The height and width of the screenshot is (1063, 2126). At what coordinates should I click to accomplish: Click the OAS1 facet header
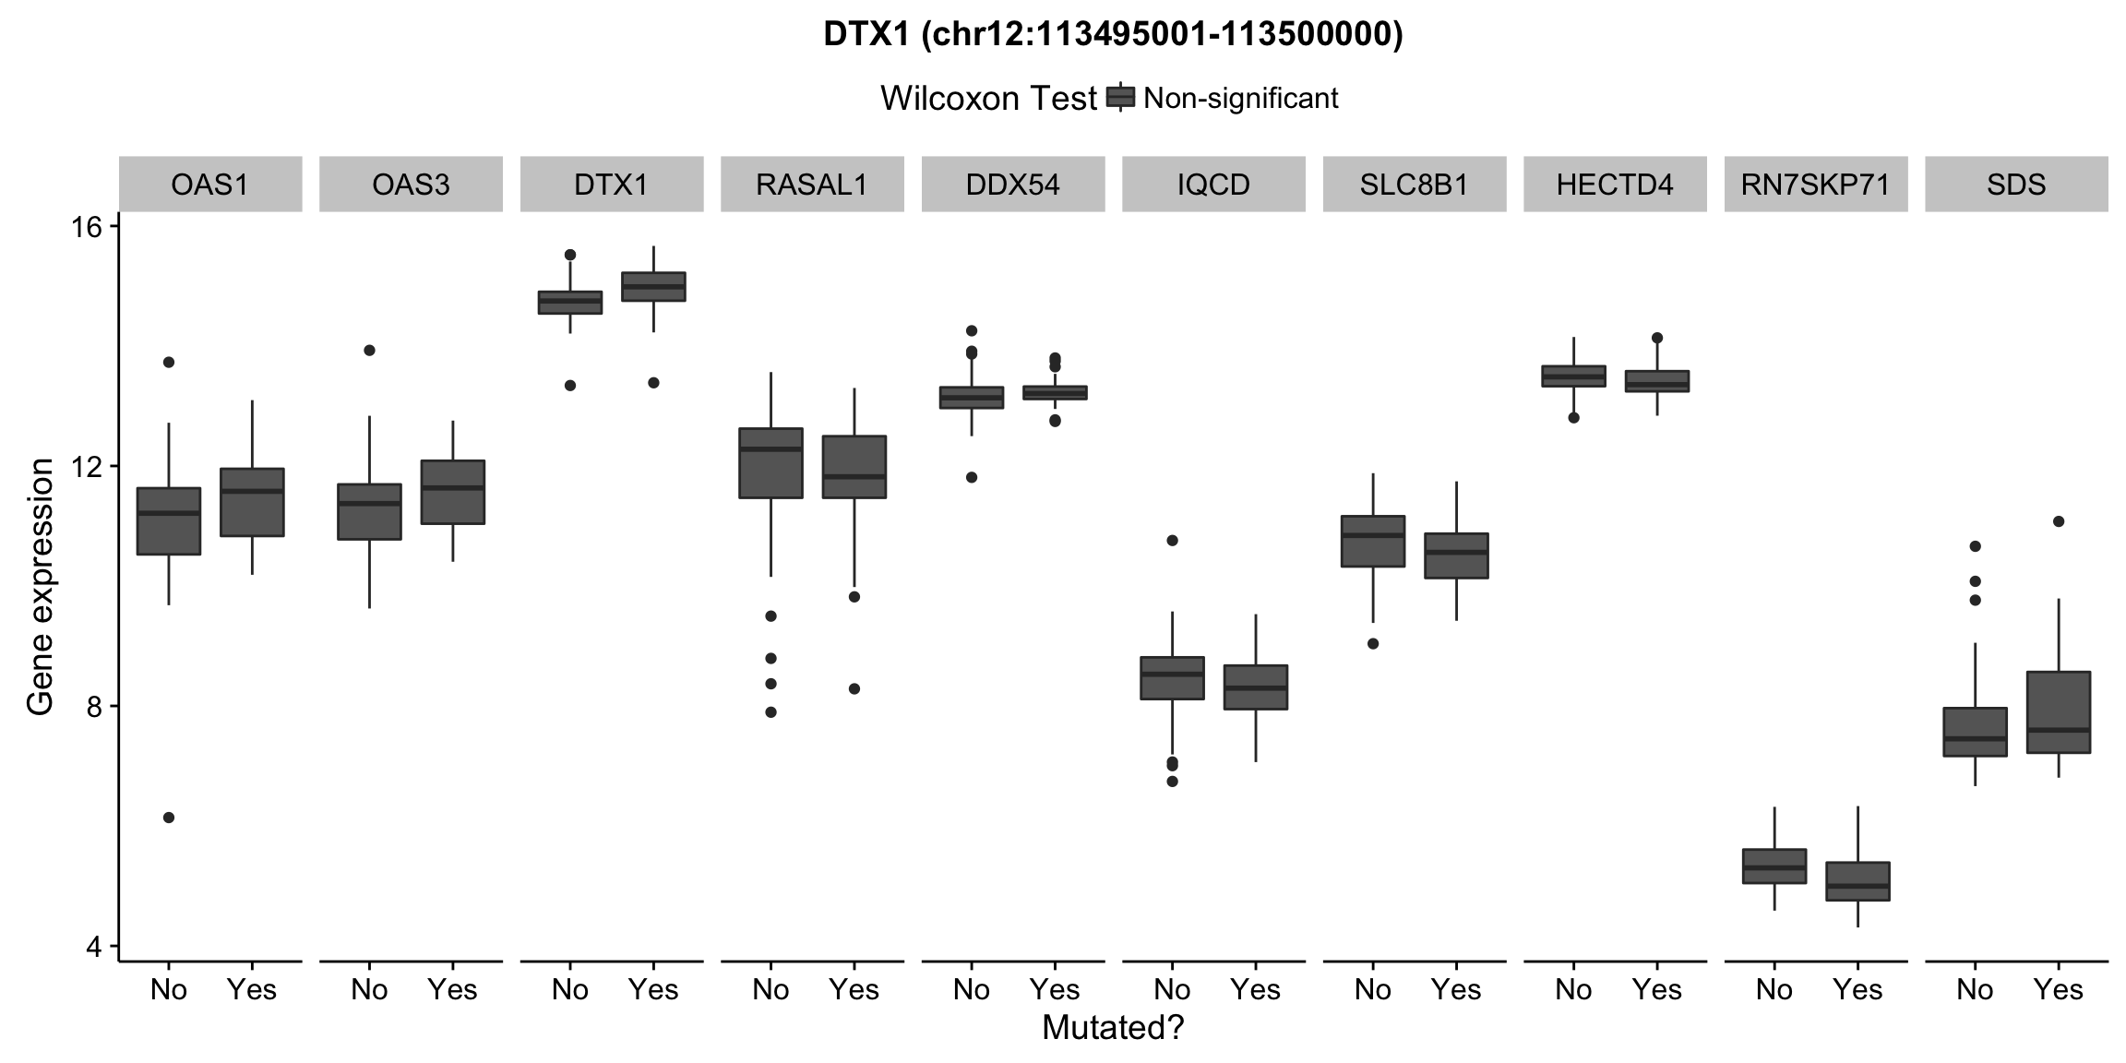pyautogui.click(x=210, y=185)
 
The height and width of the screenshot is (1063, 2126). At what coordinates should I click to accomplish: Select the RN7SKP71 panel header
pyautogui.click(x=1815, y=185)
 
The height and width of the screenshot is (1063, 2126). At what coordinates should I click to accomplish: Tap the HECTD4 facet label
pyautogui.click(x=1615, y=185)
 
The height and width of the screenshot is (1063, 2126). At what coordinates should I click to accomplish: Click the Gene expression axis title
pyautogui.click(x=40, y=588)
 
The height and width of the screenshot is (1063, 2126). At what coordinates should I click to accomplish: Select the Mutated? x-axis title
pyautogui.click(x=1112, y=1028)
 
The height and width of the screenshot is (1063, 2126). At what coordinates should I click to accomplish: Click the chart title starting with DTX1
pyautogui.click(x=1112, y=35)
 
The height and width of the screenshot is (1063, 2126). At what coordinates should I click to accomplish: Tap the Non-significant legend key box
pyautogui.click(x=1120, y=98)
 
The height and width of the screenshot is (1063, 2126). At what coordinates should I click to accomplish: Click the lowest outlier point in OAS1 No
pyautogui.click(x=169, y=818)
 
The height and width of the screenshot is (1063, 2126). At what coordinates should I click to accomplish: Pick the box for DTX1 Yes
pyautogui.click(x=653, y=287)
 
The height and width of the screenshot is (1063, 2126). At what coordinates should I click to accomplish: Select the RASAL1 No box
pyautogui.click(x=770, y=462)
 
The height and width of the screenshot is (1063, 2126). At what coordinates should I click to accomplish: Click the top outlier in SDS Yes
pyautogui.click(x=2058, y=521)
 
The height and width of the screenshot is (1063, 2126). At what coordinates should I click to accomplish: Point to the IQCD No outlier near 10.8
pyautogui.click(x=1172, y=541)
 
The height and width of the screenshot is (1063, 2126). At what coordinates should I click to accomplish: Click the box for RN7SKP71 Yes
pyautogui.click(x=1857, y=881)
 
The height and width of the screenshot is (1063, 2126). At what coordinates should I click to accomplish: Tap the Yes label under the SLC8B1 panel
pyautogui.click(x=1455, y=990)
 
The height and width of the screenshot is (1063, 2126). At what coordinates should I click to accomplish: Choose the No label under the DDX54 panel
pyautogui.click(x=971, y=990)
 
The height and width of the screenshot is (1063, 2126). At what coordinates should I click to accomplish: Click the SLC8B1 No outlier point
pyautogui.click(x=1373, y=644)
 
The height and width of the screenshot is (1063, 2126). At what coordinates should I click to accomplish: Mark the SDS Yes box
pyautogui.click(x=2058, y=712)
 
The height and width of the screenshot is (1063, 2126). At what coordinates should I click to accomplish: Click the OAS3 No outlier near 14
pyautogui.click(x=369, y=351)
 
